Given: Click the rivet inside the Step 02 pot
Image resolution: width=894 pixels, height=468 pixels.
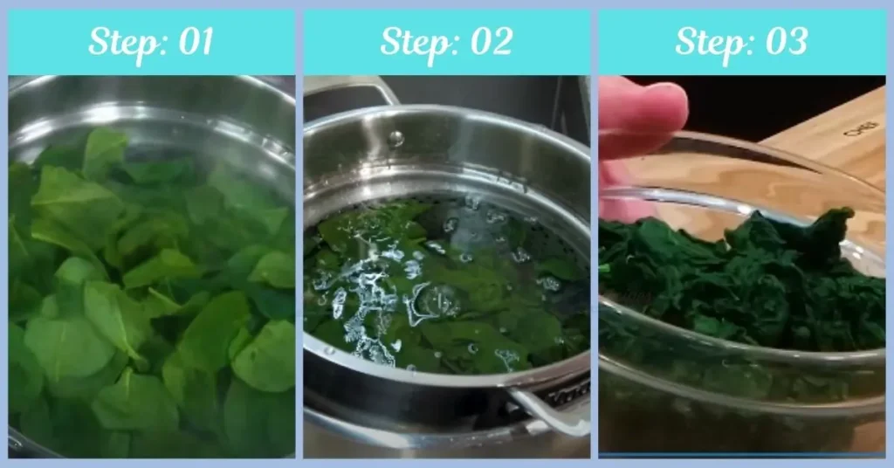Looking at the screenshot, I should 396,138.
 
